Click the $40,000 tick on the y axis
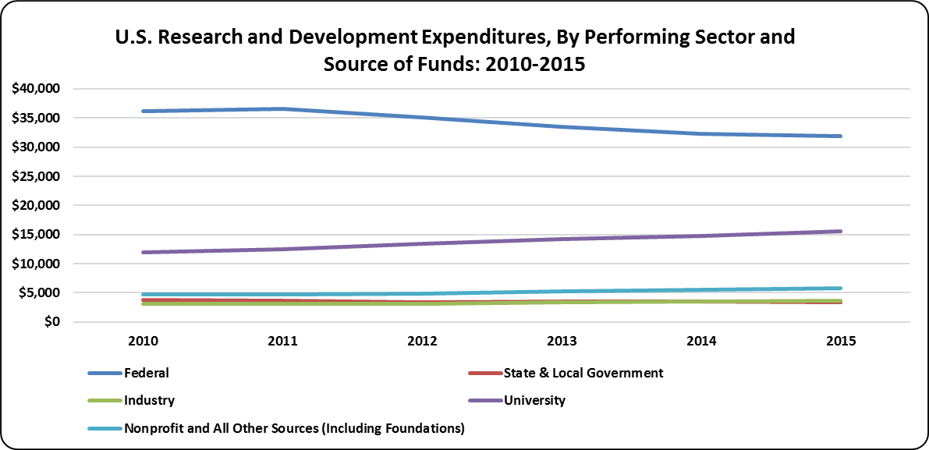coord(37,89)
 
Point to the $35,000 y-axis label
coord(37,118)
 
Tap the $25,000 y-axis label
coord(37,176)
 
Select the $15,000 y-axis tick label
coord(37,235)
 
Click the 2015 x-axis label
coord(839,342)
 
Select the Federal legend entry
coord(146,373)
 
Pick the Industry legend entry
coord(149,401)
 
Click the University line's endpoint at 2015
coord(839,231)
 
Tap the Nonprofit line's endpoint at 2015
coord(839,289)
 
